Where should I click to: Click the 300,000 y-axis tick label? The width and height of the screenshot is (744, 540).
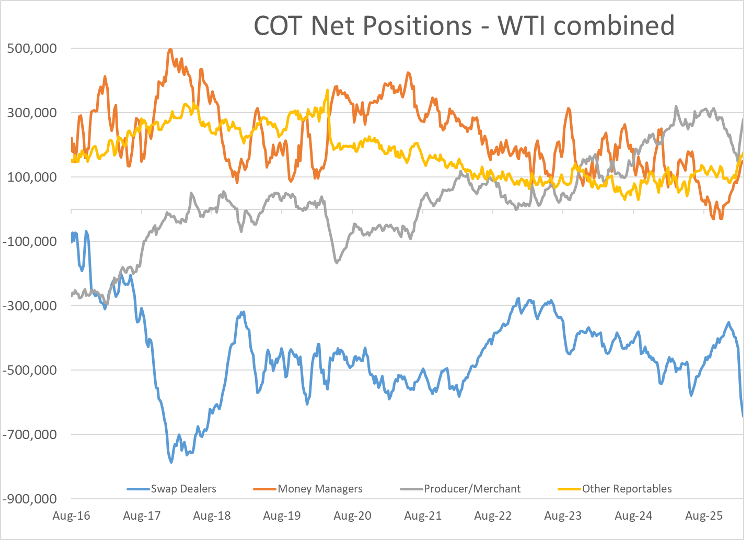[32, 113]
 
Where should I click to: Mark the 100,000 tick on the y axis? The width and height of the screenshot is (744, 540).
[32, 177]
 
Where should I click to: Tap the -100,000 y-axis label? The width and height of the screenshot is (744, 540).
[29, 241]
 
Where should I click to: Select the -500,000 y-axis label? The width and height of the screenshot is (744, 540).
[29, 370]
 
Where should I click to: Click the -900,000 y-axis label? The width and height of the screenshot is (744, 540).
[29, 499]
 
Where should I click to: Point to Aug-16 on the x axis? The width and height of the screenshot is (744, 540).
[71, 516]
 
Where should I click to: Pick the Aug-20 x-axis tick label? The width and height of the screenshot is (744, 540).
[352, 516]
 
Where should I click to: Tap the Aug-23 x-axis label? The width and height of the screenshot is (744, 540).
[563, 516]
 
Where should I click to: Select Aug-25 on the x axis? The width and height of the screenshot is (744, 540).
[704, 516]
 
